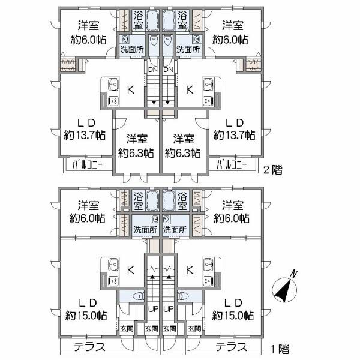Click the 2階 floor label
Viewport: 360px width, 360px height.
272,170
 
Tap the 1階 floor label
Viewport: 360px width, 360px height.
280,349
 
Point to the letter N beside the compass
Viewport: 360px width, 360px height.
294,274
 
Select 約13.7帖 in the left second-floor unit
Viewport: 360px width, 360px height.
85,135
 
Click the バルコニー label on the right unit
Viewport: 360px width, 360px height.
232,164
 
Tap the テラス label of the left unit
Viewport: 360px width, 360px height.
89,347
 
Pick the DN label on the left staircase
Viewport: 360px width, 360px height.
153,70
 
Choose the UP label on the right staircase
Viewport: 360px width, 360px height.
169,309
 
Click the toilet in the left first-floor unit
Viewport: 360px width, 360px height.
139,296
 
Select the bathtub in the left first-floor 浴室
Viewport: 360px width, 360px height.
152,200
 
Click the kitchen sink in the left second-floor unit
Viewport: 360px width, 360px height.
113,85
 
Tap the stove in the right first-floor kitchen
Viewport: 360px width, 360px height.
208,281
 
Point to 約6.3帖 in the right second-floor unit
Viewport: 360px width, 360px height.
183,153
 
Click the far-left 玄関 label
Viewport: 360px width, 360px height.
127,329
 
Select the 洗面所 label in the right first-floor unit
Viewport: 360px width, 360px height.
175,229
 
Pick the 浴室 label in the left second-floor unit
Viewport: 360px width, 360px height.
139,20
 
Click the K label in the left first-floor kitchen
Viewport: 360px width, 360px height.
131,270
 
